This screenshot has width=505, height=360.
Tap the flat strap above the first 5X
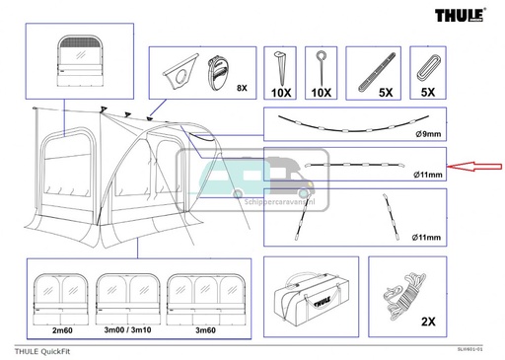(375, 68)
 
